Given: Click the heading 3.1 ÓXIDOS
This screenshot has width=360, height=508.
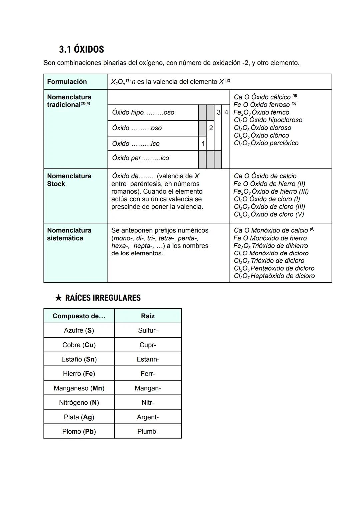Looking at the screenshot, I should coord(81,49).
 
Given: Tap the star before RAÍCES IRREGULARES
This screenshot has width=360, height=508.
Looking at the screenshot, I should coord(58,298).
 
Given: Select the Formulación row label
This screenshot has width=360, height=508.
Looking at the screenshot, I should coord(67,82).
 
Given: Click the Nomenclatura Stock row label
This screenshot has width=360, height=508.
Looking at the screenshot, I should coord(69,180).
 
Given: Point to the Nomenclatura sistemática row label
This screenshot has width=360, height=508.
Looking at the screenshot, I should coord(69,234).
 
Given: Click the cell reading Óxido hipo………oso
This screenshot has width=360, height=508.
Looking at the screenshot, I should coord(143,113).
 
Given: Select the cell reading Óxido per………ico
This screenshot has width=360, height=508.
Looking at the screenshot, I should coord(141,158).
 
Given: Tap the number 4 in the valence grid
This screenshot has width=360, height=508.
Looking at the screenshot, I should coord(226,112).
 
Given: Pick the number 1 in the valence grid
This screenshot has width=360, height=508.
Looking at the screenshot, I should coord(203,144).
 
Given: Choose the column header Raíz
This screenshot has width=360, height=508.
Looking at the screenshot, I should coord(148,316).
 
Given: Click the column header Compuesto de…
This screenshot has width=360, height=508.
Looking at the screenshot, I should coord(79,316).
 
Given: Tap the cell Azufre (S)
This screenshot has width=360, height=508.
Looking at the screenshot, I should coord(79,330).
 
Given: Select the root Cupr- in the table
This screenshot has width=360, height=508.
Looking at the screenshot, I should coord(148,345).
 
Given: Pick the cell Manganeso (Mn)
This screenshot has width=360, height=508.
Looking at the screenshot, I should coord(79,388).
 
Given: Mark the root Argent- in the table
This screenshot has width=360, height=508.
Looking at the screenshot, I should coord(148,417).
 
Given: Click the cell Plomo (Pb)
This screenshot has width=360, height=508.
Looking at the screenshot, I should coord(79,432).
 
